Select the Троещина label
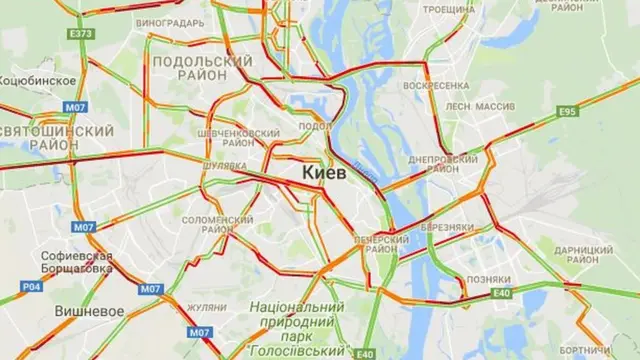[x=448, y=9]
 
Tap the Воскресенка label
[x=437, y=86]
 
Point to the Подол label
[x=315, y=126]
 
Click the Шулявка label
[x=224, y=165]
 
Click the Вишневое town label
[x=90, y=311]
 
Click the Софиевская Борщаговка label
[x=77, y=263]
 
